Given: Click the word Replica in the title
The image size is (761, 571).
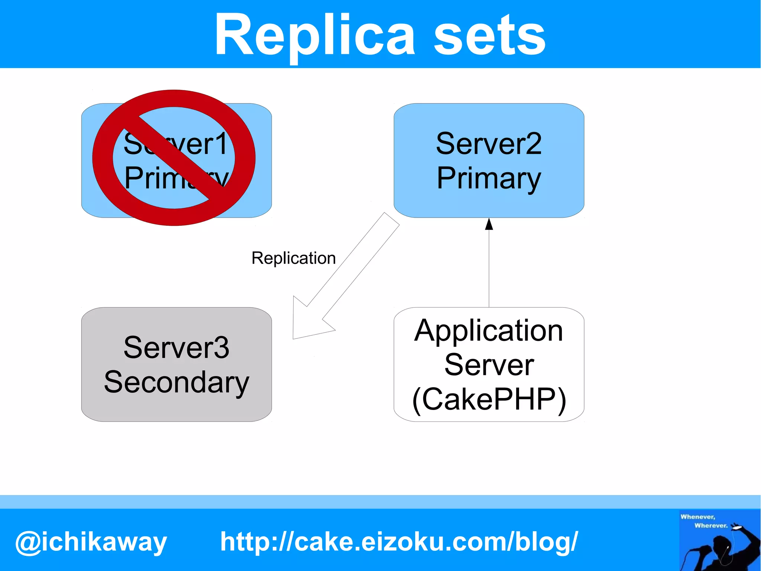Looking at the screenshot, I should coord(314,35).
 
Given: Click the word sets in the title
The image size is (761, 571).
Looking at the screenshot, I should coord(489,36).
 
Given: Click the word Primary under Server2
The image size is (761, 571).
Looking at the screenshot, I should coord(489,179).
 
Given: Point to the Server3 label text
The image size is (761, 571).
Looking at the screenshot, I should coord(176,347).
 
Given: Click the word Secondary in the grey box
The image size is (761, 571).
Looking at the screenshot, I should coord(176,382).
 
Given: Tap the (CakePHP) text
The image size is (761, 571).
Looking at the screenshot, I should coord(489,400).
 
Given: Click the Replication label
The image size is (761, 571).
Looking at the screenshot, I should coord(294,258).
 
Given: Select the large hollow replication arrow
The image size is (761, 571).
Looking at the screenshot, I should coord(346,275).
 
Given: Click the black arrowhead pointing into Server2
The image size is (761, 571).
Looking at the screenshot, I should coord(489,224).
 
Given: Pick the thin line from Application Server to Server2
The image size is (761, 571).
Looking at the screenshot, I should coord(489,268).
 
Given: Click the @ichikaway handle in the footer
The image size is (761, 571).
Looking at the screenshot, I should coord(91,542).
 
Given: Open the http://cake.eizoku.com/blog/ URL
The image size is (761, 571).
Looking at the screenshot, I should coord(399,541).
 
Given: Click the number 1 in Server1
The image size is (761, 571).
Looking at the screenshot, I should coord(222,144).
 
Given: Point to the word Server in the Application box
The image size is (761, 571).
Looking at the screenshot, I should coord(489,365).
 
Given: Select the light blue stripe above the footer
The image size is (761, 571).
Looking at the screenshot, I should coord(380,502).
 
